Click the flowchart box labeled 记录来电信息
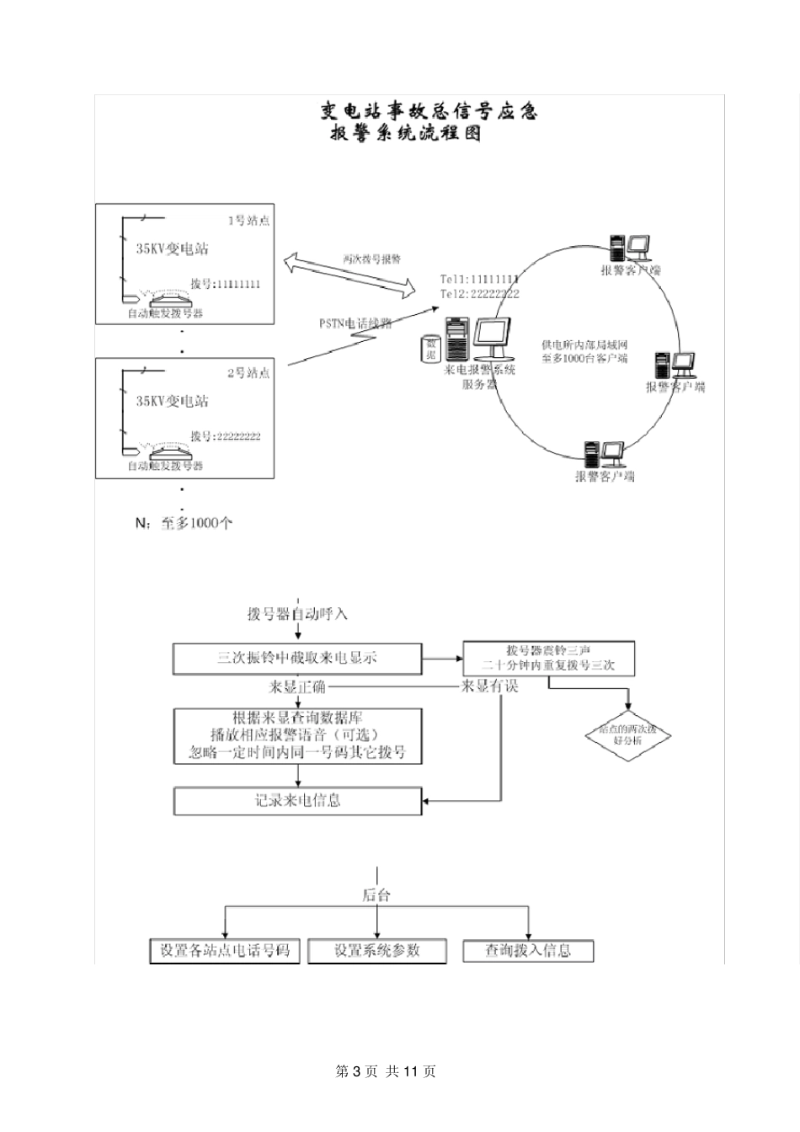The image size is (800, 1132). [297, 800]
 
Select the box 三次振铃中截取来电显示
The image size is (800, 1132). [297, 658]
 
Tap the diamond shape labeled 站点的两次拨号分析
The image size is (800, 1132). [627, 735]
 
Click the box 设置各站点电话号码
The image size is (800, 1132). [225, 951]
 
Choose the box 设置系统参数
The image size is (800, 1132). [376, 951]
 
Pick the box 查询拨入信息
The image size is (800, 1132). [528, 951]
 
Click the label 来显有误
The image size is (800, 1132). [489, 686]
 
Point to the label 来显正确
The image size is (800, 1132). [297, 686]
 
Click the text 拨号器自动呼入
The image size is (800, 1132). [297, 614]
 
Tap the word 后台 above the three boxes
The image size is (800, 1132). [376, 895]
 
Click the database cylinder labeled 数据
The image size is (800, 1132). [431, 349]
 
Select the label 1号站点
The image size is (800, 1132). [249, 221]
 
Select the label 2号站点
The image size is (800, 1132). [249, 372]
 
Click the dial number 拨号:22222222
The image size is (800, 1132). [226, 436]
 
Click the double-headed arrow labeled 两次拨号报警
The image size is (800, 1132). [349, 274]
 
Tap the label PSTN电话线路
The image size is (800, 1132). [355, 323]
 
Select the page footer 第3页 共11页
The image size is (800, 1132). [387, 1071]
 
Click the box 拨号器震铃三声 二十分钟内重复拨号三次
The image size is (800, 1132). [548, 658]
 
